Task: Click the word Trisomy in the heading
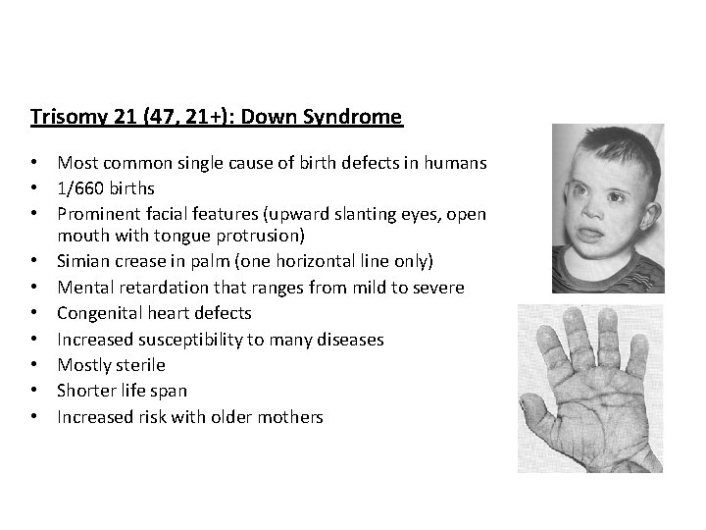click(64, 118)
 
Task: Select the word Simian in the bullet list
click(82, 262)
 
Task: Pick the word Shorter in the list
click(85, 391)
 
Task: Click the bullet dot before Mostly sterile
click(35, 365)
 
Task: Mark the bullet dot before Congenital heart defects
click(35, 313)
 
